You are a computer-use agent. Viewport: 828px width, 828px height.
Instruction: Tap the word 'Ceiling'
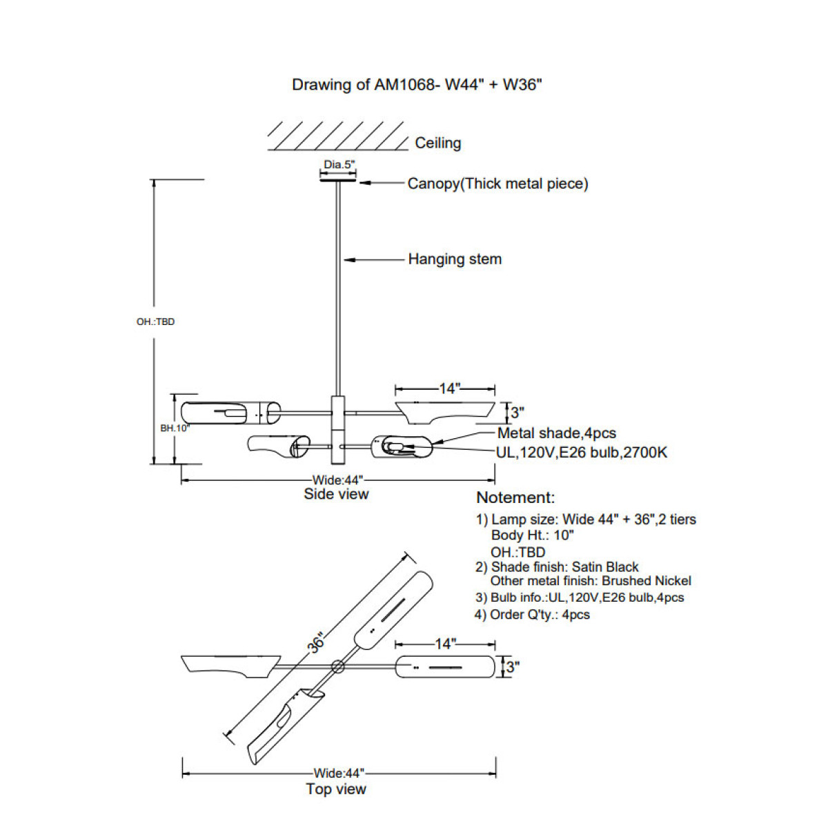[437, 143]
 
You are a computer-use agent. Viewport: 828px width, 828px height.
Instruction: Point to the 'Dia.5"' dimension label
[339, 165]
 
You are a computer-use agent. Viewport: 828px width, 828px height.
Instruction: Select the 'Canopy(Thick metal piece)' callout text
[497, 184]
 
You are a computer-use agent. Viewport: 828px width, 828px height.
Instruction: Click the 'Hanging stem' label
[455, 259]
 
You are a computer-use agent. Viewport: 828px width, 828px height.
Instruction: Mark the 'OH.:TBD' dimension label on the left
[155, 322]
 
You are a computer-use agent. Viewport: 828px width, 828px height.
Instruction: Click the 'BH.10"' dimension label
[175, 428]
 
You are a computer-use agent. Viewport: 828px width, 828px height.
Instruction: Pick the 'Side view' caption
[336, 494]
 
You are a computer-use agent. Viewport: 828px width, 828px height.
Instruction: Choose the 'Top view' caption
[336, 789]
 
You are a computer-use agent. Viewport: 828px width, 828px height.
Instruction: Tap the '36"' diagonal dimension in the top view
[316, 642]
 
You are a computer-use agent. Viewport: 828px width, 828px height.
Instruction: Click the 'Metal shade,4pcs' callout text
[556, 433]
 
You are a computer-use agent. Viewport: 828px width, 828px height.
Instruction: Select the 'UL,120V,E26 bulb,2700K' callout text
[582, 453]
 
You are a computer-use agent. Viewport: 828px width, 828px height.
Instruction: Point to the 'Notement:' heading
[515, 497]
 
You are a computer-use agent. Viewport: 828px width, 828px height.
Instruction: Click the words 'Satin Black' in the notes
[605, 567]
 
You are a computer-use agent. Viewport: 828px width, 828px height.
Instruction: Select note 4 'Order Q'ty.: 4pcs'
[533, 615]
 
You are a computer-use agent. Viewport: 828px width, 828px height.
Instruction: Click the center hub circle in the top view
[337, 667]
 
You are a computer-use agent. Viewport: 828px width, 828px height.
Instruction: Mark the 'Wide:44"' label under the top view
[338, 773]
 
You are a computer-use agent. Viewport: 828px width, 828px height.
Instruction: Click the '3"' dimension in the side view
[517, 413]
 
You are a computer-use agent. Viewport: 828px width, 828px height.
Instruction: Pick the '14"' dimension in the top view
[445, 644]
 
